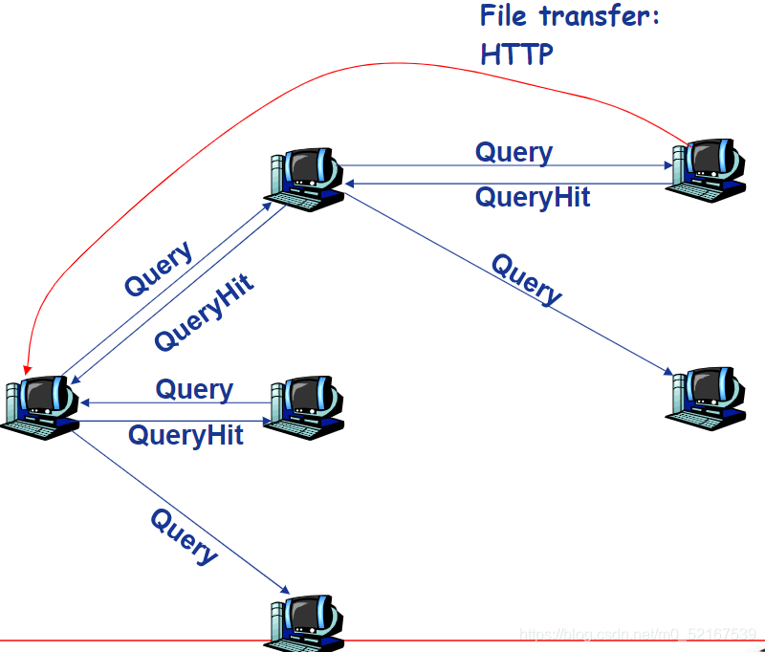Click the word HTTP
click(x=516, y=54)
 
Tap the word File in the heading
click(x=503, y=15)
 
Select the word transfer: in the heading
click(x=600, y=15)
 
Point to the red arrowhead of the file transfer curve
click(x=28, y=370)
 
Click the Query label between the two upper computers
click(x=514, y=153)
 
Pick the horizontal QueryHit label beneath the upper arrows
click(x=533, y=198)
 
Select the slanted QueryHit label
click(x=204, y=312)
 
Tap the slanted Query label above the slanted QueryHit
click(x=159, y=269)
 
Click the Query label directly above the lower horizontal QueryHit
click(x=194, y=390)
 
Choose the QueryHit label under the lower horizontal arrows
click(x=186, y=436)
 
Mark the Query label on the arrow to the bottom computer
click(x=184, y=536)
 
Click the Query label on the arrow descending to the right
click(x=527, y=279)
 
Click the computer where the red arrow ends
click(x=40, y=407)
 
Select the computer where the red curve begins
click(x=706, y=171)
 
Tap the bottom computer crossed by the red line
click(x=303, y=623)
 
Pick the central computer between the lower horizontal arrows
click(x=303, y=407)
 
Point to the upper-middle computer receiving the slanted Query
click(x=303, y=180)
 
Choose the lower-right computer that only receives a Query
click(x=706, y=399)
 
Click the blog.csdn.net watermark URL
click(x=638, y=635)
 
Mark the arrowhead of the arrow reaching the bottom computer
click(x=285, y=590)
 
